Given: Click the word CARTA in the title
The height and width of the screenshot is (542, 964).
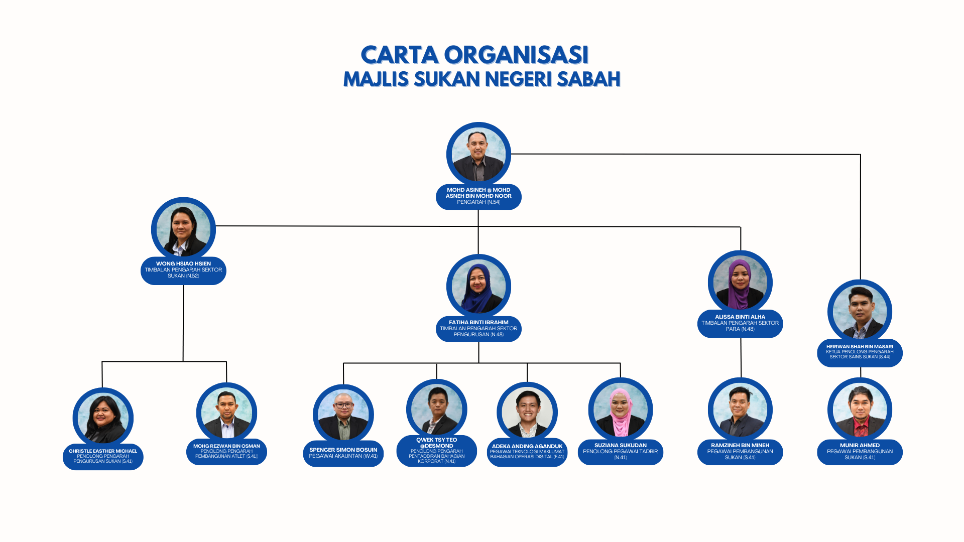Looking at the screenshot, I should [399, 55].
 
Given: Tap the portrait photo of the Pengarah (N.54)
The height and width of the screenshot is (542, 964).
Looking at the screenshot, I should [478, 155].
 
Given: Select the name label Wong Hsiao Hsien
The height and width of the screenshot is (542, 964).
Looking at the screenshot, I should [183, 270].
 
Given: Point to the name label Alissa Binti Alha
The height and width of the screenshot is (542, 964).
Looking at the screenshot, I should [740, 323].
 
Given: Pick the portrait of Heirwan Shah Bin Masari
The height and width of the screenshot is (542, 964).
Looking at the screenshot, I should [860, 312].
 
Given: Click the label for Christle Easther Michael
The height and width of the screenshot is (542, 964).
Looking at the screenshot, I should [103, 456].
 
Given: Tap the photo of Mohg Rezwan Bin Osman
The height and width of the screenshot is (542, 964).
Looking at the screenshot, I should [226, 413].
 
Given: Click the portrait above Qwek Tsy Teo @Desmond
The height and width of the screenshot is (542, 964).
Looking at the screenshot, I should [437, 410].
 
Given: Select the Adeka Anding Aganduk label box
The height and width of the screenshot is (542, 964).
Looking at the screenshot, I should [527, 452].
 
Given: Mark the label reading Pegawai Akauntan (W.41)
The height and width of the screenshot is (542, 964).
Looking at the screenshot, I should [343, 456].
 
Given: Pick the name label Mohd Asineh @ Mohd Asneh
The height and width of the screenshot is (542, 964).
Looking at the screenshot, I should [478, 196].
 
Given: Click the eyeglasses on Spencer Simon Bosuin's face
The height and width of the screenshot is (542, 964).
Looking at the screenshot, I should [343, 405].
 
